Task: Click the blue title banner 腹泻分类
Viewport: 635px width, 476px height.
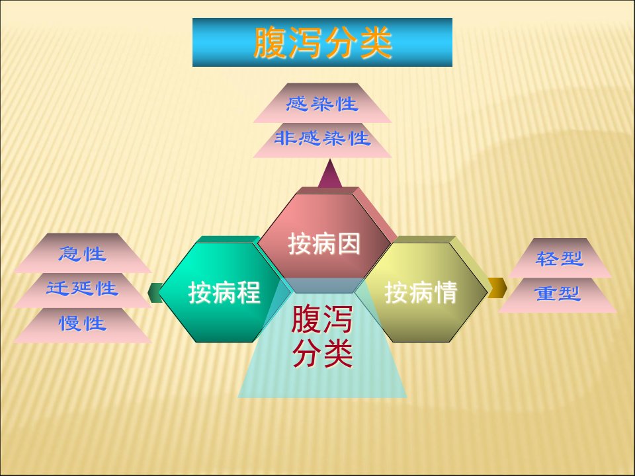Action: (x=322, y=42)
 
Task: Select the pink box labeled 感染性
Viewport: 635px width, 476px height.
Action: (x=322, y=103)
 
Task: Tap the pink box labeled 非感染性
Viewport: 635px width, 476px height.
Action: (x=322, y=139)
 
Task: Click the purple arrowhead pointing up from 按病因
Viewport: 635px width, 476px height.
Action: (x=330, y=175)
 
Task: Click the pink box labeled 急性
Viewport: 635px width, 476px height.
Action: (x=83, y=253)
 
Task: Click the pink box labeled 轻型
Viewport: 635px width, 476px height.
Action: (x=560, y=258)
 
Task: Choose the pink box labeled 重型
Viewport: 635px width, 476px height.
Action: (x=558, y=295)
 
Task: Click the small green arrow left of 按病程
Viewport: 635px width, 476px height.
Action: (x=155, y=293)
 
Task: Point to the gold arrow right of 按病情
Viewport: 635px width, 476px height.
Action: (x=497, y=288)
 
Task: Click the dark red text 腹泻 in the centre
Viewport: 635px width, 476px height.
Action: (x=322, y=319)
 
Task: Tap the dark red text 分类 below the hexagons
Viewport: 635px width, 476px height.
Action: (x=322, y=353)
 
